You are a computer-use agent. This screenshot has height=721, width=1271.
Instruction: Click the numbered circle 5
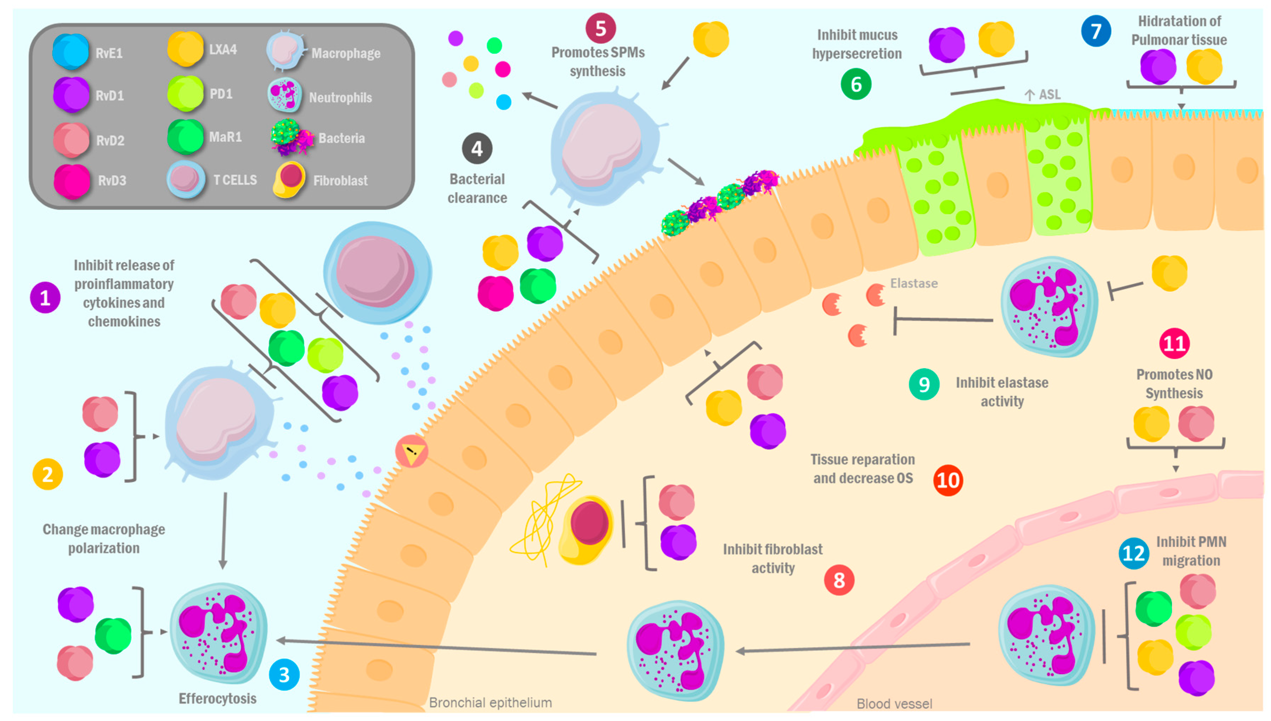600,29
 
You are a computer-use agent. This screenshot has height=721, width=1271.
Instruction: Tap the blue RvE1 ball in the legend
71,51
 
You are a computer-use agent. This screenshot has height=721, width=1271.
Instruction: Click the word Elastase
913,283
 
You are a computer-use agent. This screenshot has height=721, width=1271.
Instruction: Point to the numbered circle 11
1174,343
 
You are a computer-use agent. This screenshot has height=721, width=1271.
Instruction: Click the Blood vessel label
894,703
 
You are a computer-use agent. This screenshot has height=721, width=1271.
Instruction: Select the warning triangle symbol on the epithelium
411,451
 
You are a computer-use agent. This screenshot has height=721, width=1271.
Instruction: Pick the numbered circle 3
284,674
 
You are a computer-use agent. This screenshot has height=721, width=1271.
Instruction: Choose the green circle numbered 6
855,84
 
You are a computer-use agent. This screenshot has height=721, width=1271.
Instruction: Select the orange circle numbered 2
48,474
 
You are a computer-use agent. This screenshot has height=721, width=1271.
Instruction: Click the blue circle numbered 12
1133,553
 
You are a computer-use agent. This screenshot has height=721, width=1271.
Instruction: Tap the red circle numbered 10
948,479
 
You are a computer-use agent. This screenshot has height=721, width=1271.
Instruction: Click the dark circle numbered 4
477,148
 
